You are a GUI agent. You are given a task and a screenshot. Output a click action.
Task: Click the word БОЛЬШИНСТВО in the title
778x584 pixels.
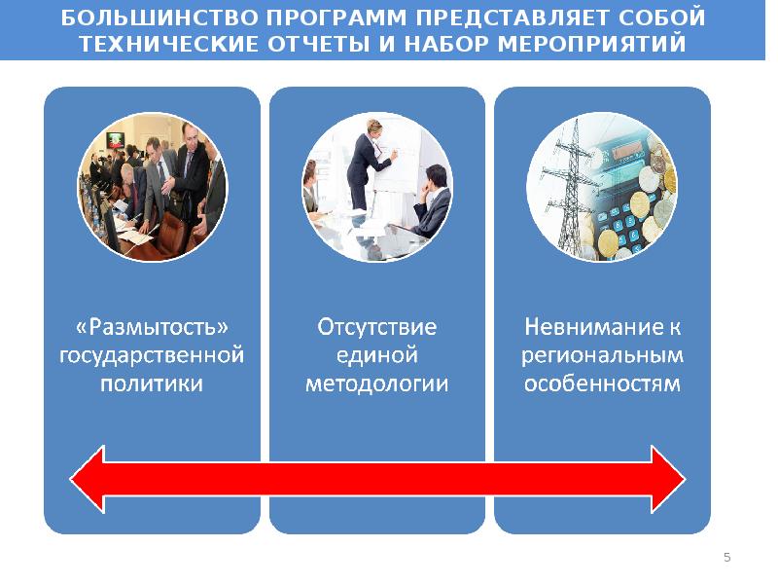tap(159, 18)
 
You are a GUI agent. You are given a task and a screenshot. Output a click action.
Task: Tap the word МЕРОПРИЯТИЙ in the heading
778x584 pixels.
tap(591, 44)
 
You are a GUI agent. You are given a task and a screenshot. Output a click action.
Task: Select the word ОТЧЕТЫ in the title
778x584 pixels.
tap(319, 44)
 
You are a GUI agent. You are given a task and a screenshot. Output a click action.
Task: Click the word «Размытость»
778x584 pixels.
tap(152, 327)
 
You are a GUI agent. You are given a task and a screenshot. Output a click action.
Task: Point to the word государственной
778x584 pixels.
tap(152, 356)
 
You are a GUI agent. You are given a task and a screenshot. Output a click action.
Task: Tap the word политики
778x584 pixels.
tap(152, 383)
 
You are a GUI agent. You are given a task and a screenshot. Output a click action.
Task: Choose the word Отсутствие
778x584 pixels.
tap(377, 327)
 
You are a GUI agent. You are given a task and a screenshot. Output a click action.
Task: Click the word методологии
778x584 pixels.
tap(377, 383)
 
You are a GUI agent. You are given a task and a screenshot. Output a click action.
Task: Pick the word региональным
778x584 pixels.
tap(602, 356)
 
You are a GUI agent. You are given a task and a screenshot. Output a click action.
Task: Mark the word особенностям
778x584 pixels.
tap(602, 383)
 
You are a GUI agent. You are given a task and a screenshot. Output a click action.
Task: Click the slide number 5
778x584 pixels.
tap(727, 557)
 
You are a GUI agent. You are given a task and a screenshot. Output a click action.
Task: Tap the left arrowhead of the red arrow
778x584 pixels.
tap(88, 479)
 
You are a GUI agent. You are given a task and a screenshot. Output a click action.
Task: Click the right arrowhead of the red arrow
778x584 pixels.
tap(668, 479)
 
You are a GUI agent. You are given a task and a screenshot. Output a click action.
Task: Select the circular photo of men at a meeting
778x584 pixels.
tap(153, 187)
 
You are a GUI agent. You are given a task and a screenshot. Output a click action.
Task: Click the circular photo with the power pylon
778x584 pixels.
tap(602, 187)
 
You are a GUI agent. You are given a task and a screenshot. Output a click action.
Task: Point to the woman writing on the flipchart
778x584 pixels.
tap(370, 164)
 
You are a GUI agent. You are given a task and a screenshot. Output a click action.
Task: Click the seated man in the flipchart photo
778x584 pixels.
tap(432, 201)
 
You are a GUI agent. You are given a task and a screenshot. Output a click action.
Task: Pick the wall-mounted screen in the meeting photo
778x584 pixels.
tap(116, 140)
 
